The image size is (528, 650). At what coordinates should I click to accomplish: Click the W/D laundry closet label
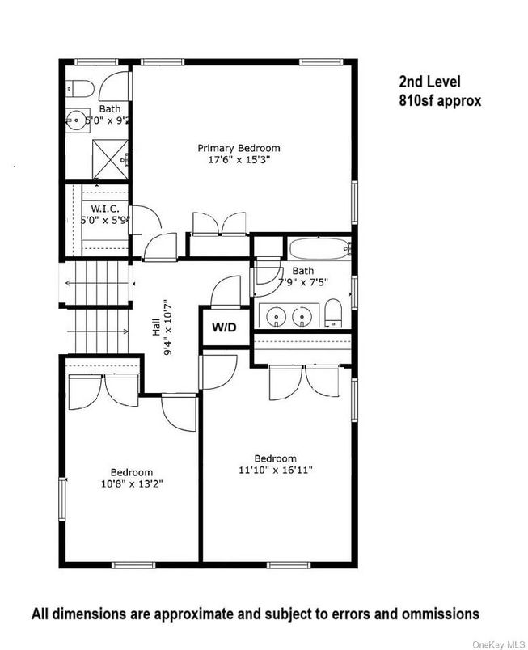(x=224, y=327)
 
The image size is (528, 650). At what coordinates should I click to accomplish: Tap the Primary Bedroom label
(x=239, y=148)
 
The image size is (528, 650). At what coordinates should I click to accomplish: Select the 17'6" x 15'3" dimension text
(x=239, y=159)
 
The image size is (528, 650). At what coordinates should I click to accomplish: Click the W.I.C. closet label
(x=105, y=209)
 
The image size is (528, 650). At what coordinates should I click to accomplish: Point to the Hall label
(x=156, y=327)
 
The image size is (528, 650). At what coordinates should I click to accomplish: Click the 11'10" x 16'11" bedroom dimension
(x=276, y=470)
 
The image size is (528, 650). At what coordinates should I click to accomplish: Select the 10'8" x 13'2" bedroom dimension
(x=132, y=483)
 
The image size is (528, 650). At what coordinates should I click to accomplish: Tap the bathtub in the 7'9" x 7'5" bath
(x=319, y=248)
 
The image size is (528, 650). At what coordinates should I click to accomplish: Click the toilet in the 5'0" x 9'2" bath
(x=81, y=88)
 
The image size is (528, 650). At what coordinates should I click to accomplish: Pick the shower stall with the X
(x=110, y=159)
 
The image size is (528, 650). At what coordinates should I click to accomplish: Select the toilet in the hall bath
(x=332, y=313)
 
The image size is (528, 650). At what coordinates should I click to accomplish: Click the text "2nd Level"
(x=430, y=81)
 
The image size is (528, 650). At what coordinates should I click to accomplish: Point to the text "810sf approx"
(x=440, y=101)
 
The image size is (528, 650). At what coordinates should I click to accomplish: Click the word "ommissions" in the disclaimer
(x=439, y=614)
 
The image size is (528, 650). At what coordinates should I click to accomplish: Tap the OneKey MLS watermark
(x=499, y=644)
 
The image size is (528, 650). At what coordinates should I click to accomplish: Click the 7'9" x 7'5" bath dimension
(x=303, y=282)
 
